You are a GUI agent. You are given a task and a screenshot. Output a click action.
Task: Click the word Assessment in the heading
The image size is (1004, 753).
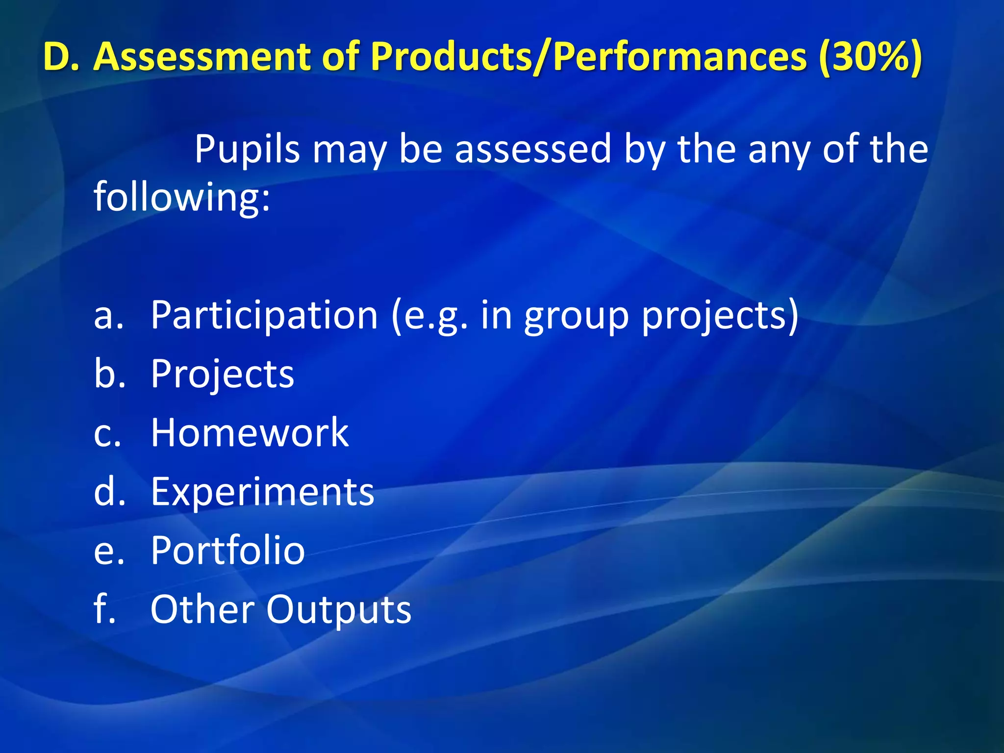202,57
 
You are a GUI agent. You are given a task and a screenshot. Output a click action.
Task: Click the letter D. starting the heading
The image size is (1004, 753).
62,57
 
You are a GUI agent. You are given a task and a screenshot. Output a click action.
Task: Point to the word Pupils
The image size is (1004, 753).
247,149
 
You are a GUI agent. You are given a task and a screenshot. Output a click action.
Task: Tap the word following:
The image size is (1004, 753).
182,197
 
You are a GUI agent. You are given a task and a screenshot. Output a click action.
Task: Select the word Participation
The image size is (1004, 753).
264,316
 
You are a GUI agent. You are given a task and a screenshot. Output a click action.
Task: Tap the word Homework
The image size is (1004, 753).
250,433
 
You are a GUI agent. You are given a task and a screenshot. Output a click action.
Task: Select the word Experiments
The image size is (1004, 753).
262,492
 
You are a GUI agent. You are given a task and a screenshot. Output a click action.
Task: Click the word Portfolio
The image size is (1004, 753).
227,551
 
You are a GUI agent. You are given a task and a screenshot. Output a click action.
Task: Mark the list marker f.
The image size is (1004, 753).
104,609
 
